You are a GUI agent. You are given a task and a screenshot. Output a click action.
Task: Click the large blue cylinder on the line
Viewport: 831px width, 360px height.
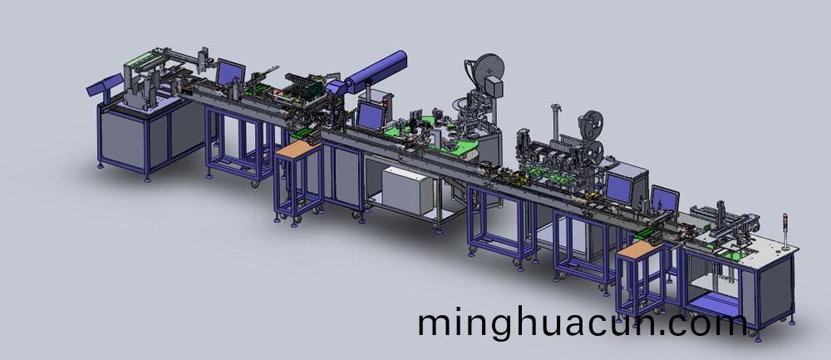376,71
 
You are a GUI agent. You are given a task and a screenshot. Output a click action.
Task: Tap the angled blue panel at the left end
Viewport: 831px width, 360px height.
105,84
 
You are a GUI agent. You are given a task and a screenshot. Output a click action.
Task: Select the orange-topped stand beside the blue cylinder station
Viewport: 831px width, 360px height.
298,180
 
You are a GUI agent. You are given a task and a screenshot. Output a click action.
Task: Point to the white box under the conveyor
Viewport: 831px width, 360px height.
406,190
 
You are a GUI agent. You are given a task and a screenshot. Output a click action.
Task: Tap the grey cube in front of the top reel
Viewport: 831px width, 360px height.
493,86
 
